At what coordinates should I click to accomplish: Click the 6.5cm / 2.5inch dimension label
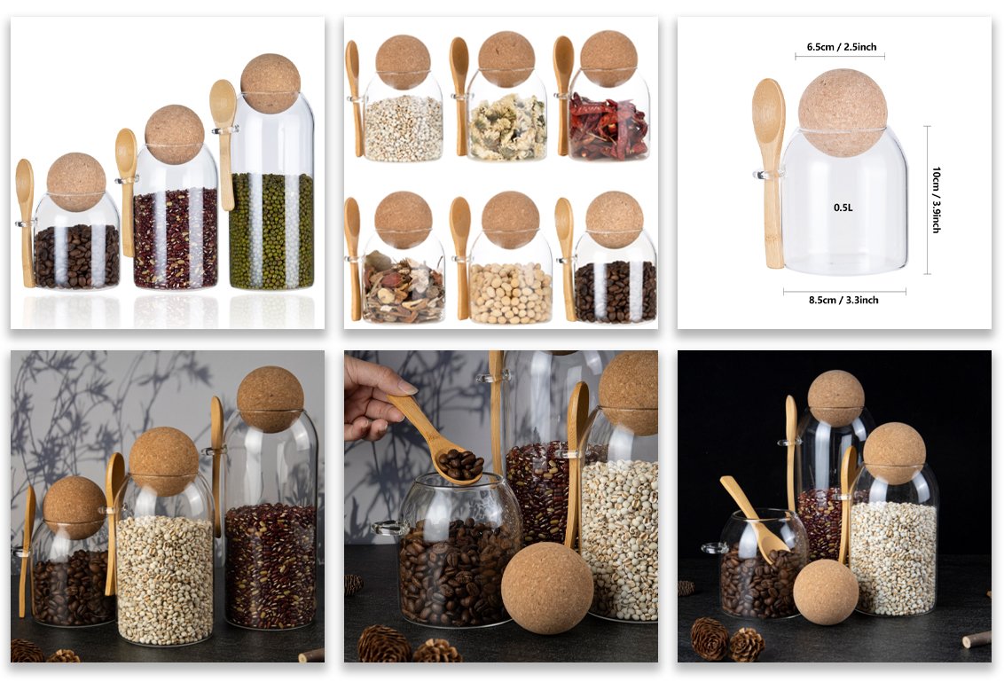(841, 47)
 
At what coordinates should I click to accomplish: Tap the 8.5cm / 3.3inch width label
(843, 300)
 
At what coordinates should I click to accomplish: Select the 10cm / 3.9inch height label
(936, 200)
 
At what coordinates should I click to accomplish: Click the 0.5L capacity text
(843, 208)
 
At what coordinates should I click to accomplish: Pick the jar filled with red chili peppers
(608, 115)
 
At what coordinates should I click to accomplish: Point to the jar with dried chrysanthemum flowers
(507, 116)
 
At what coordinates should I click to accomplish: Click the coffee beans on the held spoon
(459, 464)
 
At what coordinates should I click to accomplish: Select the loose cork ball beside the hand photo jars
(547, 588)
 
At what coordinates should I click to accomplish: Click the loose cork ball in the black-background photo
(826, 591)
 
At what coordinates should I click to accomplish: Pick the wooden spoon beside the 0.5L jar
(770, 172)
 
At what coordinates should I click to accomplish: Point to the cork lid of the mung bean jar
(271, 83)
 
